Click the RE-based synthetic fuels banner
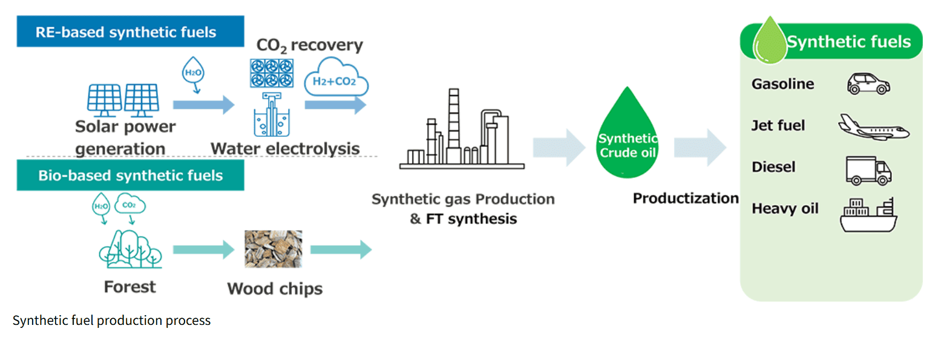tap(130, 31)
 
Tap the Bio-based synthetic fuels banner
tap(130, 175)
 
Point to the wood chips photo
tap(273, 249)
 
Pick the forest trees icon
tap(130, 249)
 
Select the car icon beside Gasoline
tap(868, 83)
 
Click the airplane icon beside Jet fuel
tap(873, 127)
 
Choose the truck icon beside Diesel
tap(868, 171)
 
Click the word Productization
tap(685, 198)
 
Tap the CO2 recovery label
tap(309, 45)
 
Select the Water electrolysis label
tap(285, 149)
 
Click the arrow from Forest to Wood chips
tap(203, 249)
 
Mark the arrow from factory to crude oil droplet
tap(558, 147)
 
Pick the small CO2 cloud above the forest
tap(129, 204)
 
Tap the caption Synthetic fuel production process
tap(111, 321)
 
